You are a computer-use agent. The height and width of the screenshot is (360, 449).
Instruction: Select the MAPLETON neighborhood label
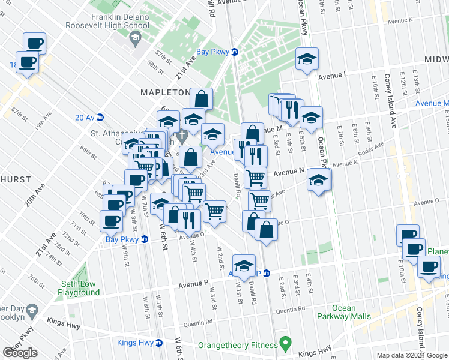(x=165, y=92)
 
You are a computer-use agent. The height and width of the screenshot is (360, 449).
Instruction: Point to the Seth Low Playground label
(x=79, y=288)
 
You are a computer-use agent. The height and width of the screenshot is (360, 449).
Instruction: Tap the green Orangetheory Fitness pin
(x=286, y=345)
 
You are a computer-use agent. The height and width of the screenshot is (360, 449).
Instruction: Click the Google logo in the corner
(x=20, y=352)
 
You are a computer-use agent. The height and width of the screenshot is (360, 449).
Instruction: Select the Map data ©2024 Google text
(x=411, y=355)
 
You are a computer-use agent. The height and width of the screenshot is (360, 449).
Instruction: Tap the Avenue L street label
(x=333, y=76)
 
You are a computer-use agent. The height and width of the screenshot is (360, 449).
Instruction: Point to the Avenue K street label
(x=400, y=21)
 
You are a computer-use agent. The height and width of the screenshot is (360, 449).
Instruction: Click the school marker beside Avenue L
(x=307, y=59)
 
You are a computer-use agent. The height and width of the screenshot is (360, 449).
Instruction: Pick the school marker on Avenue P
(x=244, y=265)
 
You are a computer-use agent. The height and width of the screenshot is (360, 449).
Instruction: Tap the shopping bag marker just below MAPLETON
(x=202, y=98)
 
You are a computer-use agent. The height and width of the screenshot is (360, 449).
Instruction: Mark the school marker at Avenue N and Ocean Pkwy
(x=319, y=179)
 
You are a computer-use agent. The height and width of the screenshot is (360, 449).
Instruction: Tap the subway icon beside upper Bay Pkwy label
(x=235, y=52)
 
